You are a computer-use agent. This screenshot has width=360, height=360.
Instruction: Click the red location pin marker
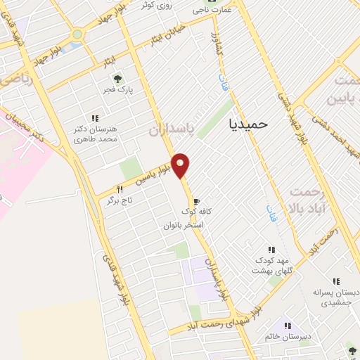181,165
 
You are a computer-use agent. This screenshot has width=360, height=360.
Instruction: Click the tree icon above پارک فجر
117,79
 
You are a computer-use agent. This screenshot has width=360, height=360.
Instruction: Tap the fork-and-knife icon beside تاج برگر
120,190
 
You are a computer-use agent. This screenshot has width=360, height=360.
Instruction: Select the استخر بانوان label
184,225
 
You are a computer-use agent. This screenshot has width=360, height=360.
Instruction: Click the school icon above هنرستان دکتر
95,118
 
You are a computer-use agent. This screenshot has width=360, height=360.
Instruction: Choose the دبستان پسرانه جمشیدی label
336,297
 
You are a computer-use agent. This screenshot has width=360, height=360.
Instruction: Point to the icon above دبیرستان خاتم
287,326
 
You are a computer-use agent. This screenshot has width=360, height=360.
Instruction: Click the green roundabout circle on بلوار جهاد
77,34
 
